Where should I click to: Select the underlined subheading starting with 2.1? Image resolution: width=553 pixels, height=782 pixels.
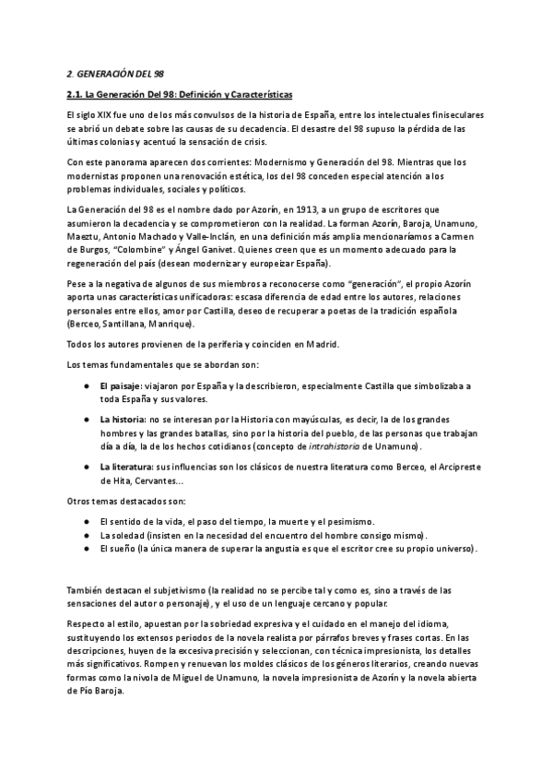[x=181, y=94]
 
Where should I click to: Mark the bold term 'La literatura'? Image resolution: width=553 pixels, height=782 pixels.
[x=127, y=468]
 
